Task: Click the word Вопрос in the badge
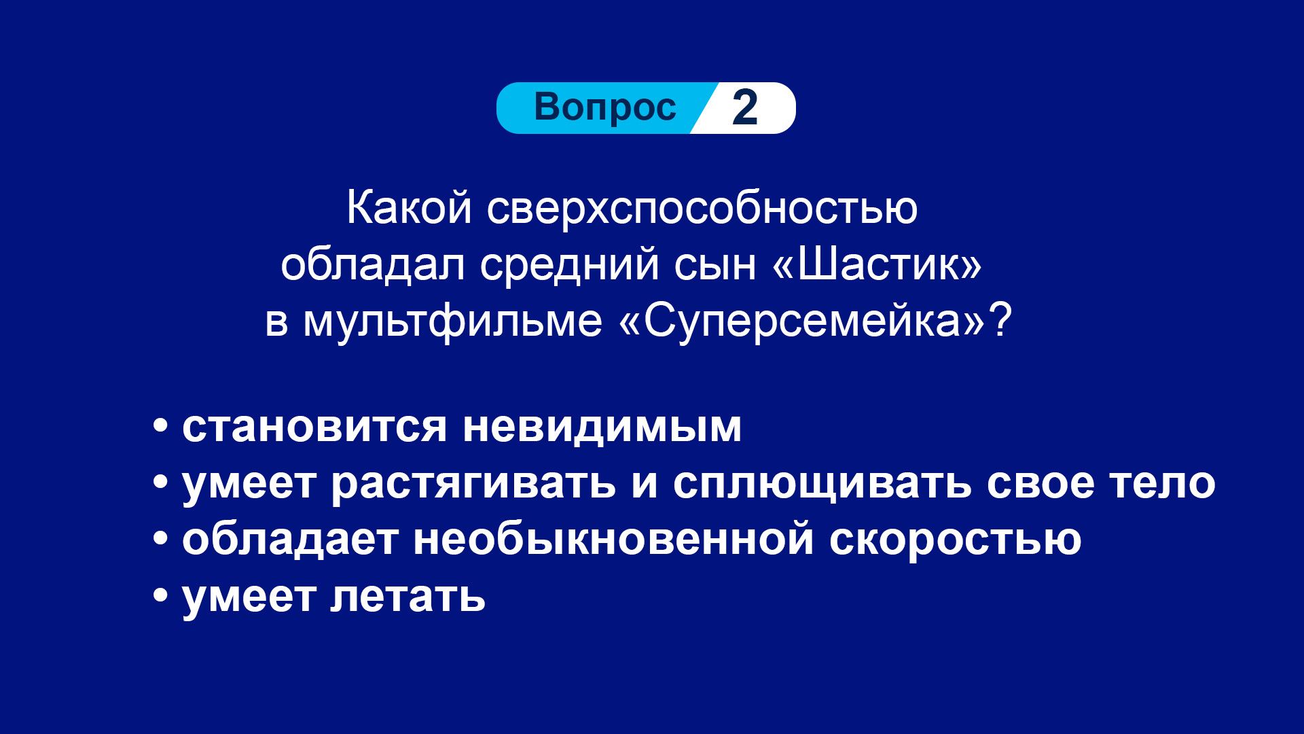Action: [605, 108]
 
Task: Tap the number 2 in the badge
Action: [745, 107]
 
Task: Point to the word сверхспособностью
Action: [702, 208]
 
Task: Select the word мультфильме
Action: [452, 321]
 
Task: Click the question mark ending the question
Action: [1000, 320]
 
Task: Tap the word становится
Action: [314, 427]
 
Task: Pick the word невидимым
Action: [602, 427]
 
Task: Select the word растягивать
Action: [474, 485]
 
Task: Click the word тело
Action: [1162, 483]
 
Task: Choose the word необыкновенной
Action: [614, 540]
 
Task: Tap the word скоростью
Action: [956, 541]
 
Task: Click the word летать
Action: [408, 597]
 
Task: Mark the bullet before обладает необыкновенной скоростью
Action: [160, 540]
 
